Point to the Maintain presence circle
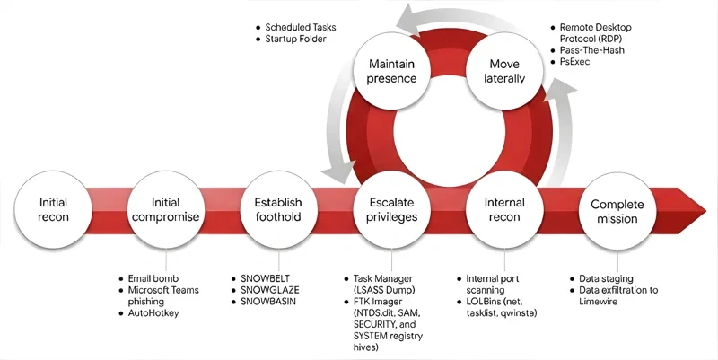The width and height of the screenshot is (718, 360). pyautogui.click(x=390, y=71)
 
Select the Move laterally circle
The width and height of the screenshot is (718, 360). pyautogui.click(x=504, y=71)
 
